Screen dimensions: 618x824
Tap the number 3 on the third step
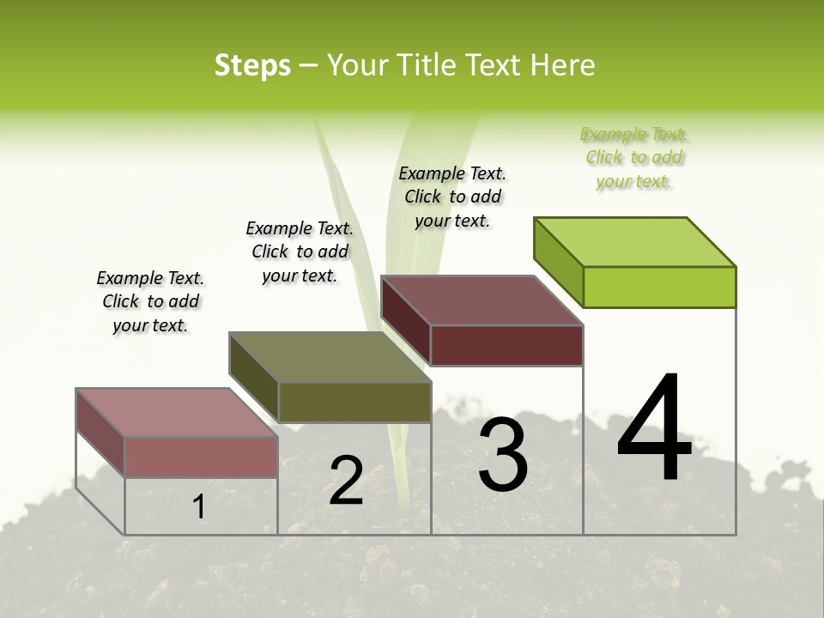[502, 455]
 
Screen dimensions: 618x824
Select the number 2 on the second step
[346, 481]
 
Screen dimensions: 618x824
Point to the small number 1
[199, 507]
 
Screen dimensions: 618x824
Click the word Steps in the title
[252, 65]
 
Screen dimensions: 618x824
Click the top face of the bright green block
[635, 241]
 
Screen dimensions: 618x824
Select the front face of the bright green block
[659, 287]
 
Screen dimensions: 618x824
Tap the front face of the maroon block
[506, 345]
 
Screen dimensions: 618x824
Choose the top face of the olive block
[330, 357]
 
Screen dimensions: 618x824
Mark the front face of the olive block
[354, 402]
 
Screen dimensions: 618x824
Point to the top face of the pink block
[177, 413]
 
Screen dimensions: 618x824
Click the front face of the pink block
[201, 457]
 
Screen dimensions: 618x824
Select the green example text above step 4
[634, 158]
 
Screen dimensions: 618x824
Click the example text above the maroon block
[452, 197]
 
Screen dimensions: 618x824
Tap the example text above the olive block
[300, 251]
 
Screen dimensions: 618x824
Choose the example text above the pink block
[150, 301]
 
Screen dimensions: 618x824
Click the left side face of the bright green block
[558, 262]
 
